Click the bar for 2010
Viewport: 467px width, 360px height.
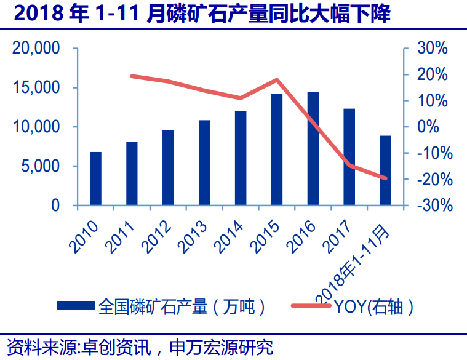click(95, 178)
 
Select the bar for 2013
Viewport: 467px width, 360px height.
click(204, 162)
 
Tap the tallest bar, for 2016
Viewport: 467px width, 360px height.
click(313, 148)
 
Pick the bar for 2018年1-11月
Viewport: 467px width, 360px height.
click(385, 170)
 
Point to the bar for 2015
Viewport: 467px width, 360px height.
click(277, 150)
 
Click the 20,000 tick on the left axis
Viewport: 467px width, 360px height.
click(35, 49)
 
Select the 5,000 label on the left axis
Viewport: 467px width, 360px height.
click(40, 166)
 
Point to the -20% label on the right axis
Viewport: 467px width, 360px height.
click(434, 179)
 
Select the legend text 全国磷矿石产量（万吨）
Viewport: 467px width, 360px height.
click(182, 306)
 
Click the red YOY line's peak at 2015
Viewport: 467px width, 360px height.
click(277, 80)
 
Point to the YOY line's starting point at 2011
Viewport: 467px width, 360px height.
click(132, 76)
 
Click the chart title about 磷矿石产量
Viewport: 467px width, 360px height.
click(202, 14)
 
